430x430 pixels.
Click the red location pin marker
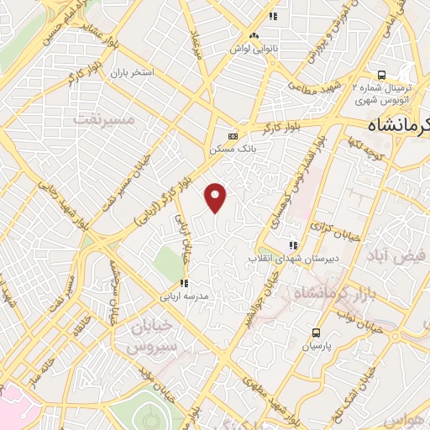click(x=217, y=197)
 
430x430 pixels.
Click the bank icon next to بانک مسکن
click(x=233, y=136)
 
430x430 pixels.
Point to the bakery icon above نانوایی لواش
click(x=254, y=35)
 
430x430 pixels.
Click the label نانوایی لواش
click(x=254, y=48)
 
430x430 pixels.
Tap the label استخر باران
click(x=133, y=72)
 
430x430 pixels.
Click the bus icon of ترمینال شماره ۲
click(x=381, y=74)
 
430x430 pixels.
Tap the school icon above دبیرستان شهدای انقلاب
click(x=292, y=245)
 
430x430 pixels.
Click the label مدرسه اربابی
click(x=189, y=296)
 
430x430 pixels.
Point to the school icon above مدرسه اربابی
click(x=183, y=284)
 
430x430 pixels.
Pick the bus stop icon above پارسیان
click(x=316, y=333)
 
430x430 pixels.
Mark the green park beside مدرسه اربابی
click(x=168, y=267)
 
